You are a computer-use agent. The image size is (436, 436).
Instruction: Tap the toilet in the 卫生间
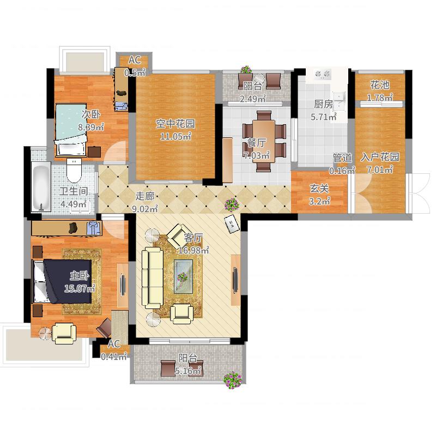point(74,170)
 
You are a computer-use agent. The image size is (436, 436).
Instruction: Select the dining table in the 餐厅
point(264,141)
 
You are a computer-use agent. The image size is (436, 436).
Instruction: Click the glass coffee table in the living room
point(183,276)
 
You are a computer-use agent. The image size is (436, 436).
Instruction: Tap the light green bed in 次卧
point(71,130)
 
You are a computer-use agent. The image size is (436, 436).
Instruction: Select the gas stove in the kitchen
point(323,74)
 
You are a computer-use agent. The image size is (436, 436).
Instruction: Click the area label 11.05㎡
point(175,137)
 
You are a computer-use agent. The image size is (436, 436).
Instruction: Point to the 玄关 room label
point(319,189)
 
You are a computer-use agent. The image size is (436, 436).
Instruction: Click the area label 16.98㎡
point(194,251)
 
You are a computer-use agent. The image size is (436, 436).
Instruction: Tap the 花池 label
point(379,85)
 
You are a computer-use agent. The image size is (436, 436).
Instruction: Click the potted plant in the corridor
point(232,204)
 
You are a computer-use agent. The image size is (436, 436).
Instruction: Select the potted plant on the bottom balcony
point(233,380)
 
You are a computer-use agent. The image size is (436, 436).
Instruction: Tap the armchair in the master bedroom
point(64,333)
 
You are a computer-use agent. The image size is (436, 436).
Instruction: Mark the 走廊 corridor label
point(145,196)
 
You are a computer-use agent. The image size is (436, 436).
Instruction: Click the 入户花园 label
point(380,157)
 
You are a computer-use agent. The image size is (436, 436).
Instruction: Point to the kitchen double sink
point(340,101)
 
